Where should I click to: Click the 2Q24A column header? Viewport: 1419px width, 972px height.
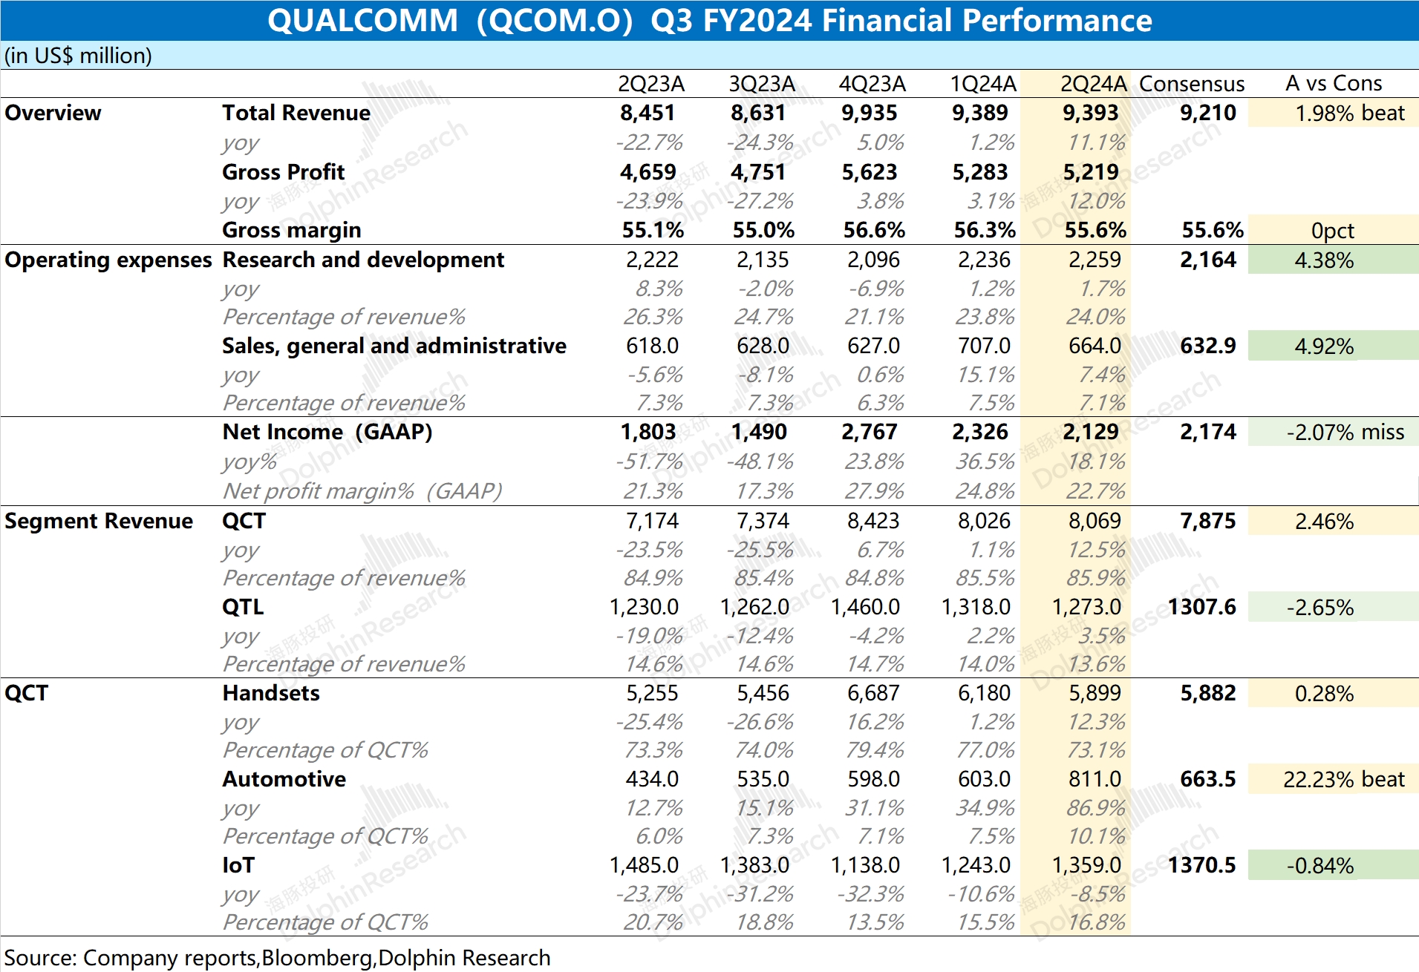(1093, 84)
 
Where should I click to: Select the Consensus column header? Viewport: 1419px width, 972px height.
(1191, 84)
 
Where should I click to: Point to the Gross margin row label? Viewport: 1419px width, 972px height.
(291, 230)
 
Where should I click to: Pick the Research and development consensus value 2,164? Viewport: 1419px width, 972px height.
(1207, 260)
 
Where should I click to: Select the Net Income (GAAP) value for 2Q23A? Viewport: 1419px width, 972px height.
(647, 432)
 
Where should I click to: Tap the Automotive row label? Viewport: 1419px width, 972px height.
(284, 779)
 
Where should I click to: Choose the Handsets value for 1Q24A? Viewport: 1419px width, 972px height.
(983, 693)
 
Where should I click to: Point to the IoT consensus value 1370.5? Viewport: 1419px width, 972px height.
(1201, 865)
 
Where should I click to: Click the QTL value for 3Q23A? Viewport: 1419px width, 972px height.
(754, 607)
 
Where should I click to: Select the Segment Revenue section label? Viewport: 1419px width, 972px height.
(98, 521)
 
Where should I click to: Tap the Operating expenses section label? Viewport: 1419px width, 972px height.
(108, 260)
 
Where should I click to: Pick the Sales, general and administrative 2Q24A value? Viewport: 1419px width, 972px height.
(1095, 346)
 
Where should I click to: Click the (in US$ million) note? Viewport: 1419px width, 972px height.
(78, 56)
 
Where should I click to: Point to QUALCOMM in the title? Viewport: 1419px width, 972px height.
(362, 20)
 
